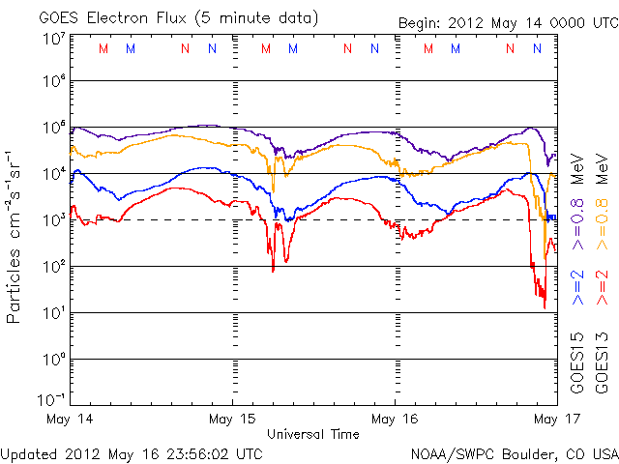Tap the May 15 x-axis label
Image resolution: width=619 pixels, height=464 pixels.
click(x=233, y=420)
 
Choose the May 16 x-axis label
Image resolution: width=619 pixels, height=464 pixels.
click(x=395, y=420)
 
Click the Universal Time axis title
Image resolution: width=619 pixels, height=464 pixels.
click(x=312, y=434)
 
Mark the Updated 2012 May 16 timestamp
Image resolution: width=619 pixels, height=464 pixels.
click(x=133, y=452)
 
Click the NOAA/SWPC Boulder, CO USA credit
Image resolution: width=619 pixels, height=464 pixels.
click(x=514, y=452)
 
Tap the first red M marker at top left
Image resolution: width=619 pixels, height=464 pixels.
click(x=103, y=48)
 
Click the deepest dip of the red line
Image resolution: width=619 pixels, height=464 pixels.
click(x=545, y=307)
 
